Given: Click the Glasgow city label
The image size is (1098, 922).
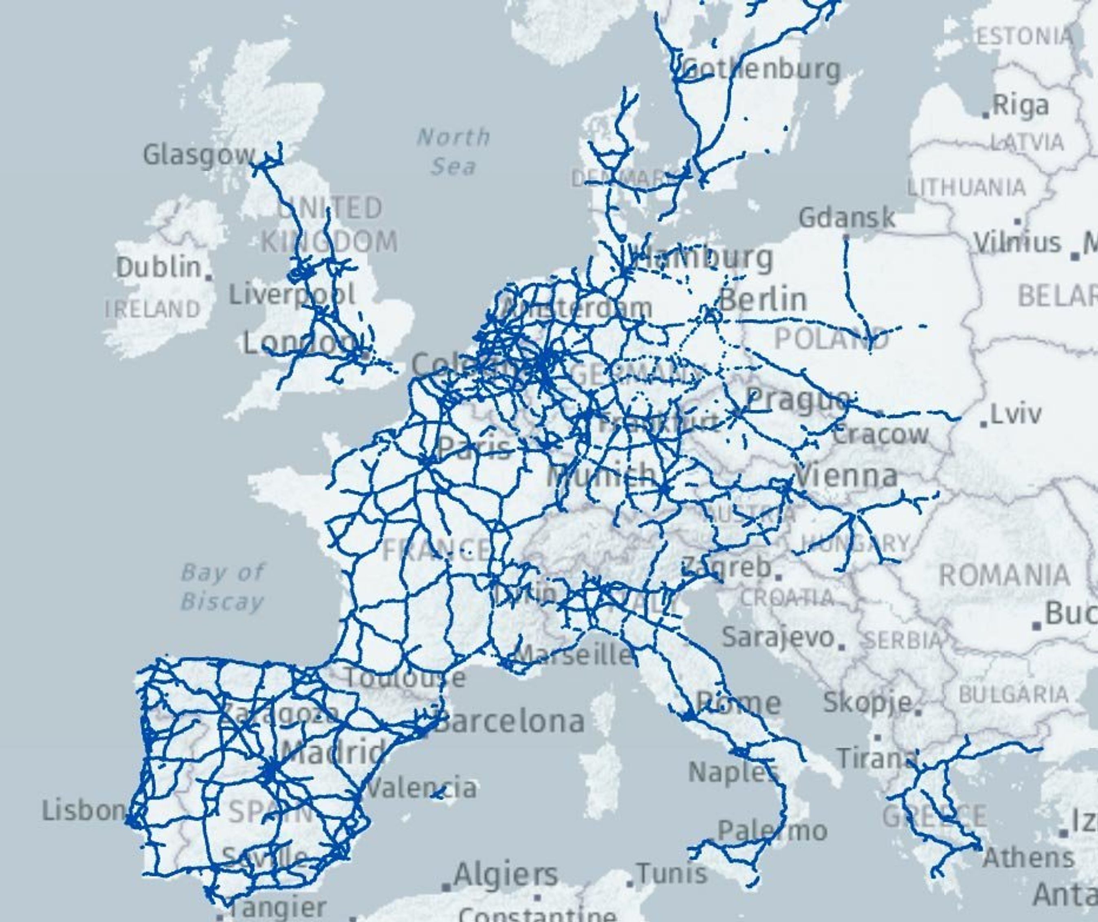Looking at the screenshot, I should tap(199, 155).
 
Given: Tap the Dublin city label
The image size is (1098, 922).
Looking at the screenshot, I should tap(158, 268).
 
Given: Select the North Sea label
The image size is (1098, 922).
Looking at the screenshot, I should tap(453, 152).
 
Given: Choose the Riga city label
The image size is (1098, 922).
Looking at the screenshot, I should tap(1021, 106).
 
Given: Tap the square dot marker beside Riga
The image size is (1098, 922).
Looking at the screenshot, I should tap(986, 115).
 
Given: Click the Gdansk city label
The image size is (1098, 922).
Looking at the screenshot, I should tap(847, 218).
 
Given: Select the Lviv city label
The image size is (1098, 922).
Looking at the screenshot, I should tap(1015, 414).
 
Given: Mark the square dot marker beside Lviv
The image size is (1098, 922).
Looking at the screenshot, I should tap(984, 424).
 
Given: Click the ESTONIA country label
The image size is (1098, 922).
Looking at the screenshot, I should tap(1025, 37).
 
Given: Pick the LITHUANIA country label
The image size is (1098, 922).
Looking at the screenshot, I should tap(966, 187).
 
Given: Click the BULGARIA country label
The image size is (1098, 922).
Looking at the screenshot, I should tap(1013, 695).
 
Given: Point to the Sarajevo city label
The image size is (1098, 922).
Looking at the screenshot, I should tap(778, 637).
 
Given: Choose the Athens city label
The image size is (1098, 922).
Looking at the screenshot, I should tap(1028, 858).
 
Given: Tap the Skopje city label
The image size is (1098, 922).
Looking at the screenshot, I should tap(867, 702).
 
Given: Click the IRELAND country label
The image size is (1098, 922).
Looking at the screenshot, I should tap(153, 309).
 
